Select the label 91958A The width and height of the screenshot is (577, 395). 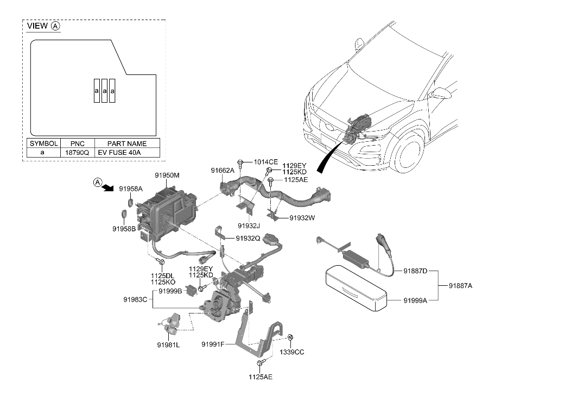tap(131, 189)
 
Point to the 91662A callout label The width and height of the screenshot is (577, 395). tap(223, 171)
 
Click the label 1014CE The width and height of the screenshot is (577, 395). tap(266, 162)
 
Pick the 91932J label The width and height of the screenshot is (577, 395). tap(249, 225)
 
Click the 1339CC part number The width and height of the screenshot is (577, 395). tap(292, 352)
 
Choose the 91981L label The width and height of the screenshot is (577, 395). tap(169, 344)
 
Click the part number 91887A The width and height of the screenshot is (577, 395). tap(460, 285)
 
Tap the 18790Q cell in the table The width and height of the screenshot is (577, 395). tap(77, 153)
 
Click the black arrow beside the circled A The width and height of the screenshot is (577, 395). tap(110, 187)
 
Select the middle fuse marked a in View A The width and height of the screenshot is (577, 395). tap(104, 91)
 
